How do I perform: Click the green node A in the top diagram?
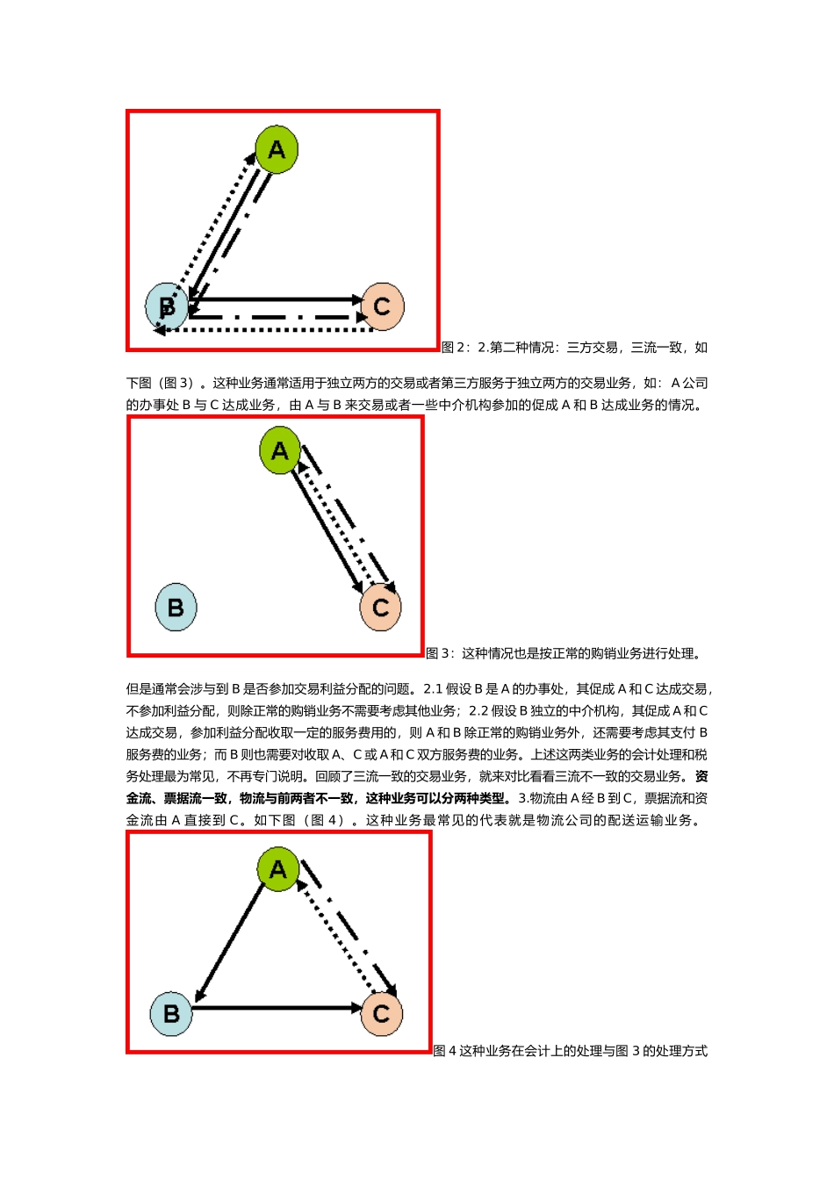277,150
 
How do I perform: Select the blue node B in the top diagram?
167,306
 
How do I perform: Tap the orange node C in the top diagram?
382,306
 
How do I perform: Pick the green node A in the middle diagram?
280,451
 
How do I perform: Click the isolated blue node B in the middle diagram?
176,607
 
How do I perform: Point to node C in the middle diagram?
381,607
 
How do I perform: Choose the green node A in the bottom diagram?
278,869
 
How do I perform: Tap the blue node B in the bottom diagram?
171,1013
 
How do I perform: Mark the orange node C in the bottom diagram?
381,1013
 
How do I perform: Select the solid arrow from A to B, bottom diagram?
230,942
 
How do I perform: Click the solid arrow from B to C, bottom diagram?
277,1008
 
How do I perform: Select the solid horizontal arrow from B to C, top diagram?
277,299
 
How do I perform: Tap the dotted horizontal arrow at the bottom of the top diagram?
263,330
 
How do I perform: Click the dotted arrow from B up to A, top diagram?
211,224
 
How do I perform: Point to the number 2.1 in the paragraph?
433,689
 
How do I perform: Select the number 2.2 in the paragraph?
478,711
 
